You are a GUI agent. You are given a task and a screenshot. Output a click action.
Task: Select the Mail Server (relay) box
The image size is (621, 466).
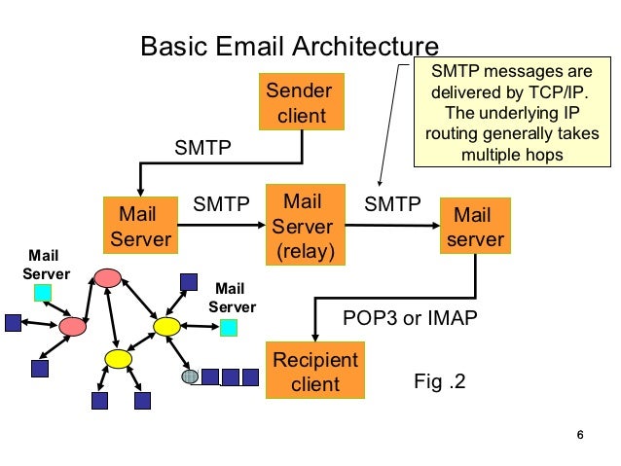coord(302,228)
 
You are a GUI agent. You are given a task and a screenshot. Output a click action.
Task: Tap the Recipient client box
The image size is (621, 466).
coord(314,371)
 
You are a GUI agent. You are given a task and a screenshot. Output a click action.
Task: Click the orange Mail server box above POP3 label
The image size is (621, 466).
coord(473,228)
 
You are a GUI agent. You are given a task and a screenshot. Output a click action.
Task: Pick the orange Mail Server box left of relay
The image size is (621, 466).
coord(140,227)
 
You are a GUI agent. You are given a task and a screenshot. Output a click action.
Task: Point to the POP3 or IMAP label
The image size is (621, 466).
coord(410,319)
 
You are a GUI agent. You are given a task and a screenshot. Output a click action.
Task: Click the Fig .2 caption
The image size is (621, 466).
coord(439,381)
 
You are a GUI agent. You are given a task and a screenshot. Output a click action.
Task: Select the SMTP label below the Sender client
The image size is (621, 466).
coord(202,149)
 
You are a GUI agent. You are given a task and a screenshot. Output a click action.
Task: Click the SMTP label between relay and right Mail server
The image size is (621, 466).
coord(392,204)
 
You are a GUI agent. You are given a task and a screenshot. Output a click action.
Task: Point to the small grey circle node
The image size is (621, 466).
coord(190,376)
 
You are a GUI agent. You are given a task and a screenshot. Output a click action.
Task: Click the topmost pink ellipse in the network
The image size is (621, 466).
coord(108,278)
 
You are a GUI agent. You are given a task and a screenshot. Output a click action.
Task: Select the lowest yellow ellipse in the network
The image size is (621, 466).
coord(118,359)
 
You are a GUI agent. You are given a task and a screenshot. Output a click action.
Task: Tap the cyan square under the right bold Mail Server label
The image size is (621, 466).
coord(228,328)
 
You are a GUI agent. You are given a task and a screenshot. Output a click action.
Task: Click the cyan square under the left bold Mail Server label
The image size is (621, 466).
coord(43,292)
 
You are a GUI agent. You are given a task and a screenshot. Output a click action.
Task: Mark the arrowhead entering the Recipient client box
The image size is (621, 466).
coord(313,336)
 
